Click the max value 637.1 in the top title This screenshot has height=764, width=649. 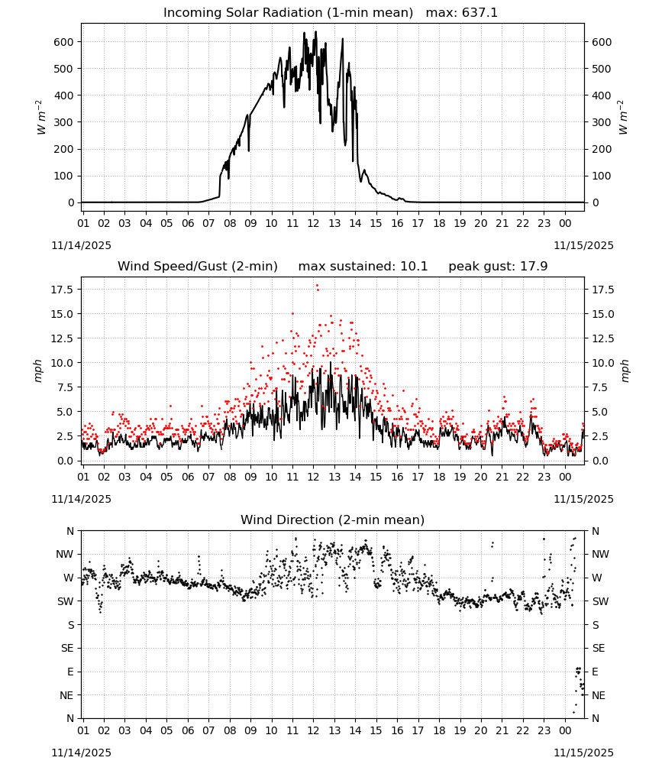pos(479,13)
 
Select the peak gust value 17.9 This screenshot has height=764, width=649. pos(534,267)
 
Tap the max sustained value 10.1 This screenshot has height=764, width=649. pos(414,267)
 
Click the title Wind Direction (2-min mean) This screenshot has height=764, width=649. pos(333,520)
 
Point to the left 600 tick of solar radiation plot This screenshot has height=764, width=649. pos(63,42)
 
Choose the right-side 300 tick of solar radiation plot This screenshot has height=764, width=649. pos(602,122)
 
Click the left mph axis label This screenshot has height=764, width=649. pos(38,371)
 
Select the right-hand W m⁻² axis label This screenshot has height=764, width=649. pos(623,118)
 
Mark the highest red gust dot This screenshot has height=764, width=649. pos(318,286)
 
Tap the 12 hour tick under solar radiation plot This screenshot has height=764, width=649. pos(313,223)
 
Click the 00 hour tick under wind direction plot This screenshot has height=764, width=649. pos(565,730)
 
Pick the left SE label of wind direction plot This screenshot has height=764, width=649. pos(67,648)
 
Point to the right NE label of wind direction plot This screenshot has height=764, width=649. pos(599,695)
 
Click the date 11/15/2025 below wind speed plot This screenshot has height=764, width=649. pos(583,499)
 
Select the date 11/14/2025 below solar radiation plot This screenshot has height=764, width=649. pos(81,245)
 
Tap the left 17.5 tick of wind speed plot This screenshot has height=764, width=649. pos(62,290)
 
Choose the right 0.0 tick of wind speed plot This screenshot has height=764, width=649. pos(600,461)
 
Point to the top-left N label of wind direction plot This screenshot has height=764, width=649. pos(70,531)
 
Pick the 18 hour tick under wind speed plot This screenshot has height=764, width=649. pos(439,477)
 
